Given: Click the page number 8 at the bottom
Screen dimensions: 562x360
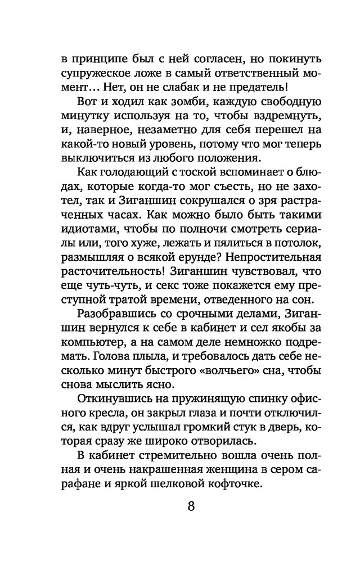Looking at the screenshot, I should coord(191,505).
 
